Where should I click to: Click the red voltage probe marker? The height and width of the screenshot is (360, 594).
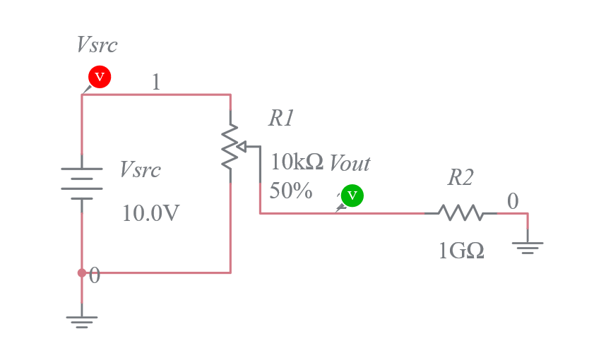point(99,76)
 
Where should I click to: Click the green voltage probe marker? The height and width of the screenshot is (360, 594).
point(352,196)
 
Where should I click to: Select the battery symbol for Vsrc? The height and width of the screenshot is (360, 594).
point(82,184)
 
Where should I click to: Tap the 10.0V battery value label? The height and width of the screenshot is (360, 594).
point(150,212)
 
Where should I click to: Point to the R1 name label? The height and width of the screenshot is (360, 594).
point(280,119)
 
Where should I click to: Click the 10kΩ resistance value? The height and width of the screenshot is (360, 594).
point(297,162)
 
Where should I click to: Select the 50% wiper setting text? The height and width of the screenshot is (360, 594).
point(291,191)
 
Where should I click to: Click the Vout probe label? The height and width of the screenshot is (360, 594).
point(350,164)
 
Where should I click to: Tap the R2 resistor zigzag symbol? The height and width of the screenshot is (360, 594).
point(460,212)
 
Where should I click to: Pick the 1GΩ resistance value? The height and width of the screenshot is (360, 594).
point(461,250)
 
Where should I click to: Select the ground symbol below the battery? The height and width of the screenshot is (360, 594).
point(82,321)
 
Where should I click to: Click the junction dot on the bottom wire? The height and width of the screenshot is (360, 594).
point(82,272)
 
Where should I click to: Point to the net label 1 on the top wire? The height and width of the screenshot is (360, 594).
point(156,83)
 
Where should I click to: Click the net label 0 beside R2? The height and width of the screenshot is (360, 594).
point(513,201)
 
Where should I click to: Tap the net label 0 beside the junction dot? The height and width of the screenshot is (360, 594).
point(95,276)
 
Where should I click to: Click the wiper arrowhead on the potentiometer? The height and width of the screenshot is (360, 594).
point(240,147)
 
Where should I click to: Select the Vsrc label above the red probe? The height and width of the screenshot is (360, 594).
point(97,45)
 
